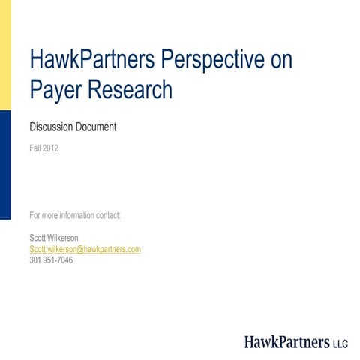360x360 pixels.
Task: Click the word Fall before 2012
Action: coord(34,148)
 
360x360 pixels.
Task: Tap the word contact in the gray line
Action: coord(108,216)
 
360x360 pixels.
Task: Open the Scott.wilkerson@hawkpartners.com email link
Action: coord(85,249)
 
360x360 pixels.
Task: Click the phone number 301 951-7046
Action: coord(51,260)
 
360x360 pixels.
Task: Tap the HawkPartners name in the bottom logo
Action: coord(287,342)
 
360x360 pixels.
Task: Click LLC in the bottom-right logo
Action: coord(340,343)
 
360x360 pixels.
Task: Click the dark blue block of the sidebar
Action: coord(5,165)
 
